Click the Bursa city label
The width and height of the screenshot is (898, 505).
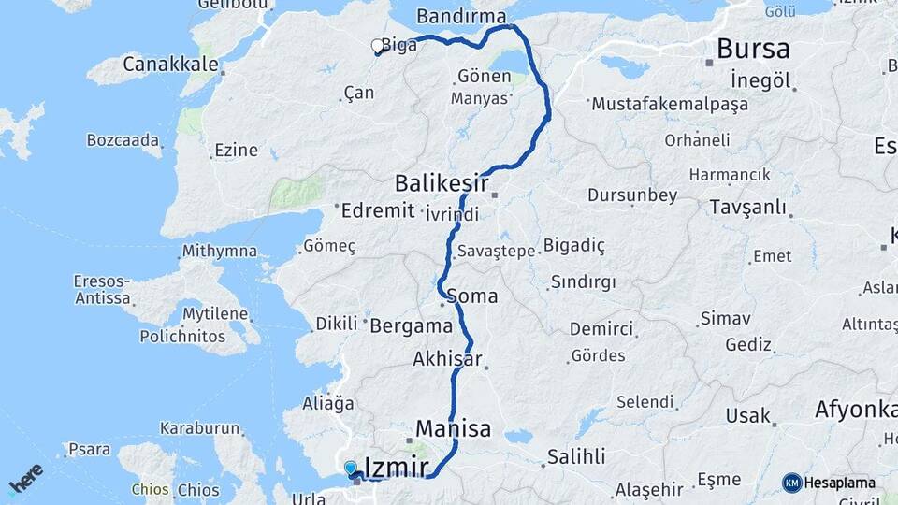tap(753, 49)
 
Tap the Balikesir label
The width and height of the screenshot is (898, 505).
tap(442, 181)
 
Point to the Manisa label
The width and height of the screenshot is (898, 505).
tap(453, 429)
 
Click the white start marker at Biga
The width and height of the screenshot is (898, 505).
tap(378, 45)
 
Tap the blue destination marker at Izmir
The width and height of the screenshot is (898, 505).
tap(350, 467)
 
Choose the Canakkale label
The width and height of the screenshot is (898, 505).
tap(171, 65)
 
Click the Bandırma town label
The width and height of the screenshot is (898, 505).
tap(460, 17)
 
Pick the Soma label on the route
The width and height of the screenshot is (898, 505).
tap(472, 296)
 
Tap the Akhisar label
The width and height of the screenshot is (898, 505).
tap(447, 359)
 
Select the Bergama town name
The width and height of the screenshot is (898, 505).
tap(411, 326)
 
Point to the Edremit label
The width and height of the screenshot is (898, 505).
tap(378, 210)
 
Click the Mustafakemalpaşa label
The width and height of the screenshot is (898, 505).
tap(670, 104)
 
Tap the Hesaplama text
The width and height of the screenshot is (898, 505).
tap(841, 483)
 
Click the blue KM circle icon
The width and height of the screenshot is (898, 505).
tap(792, 483)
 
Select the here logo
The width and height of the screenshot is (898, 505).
tap(25, 479)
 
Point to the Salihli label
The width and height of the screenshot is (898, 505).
tap(576, 456)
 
